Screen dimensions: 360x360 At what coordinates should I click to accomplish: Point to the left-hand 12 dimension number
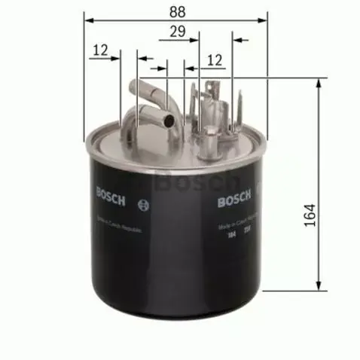point(99,51)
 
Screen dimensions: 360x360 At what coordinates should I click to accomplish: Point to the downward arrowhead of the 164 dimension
point(321,286)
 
